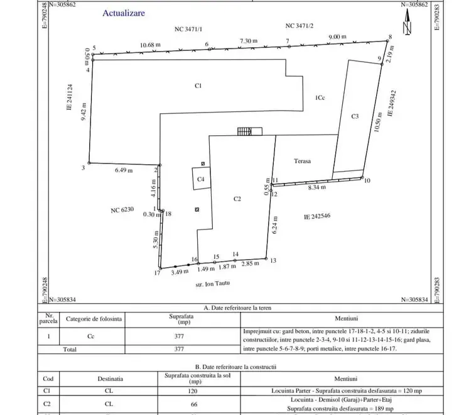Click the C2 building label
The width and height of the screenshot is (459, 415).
[x=237, y=199]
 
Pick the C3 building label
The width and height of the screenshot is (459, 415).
[x=355, y=116]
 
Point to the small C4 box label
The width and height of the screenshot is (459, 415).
[x=201, y=179]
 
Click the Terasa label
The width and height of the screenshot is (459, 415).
[x=303, y=161]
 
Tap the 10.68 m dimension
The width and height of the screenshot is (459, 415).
[x=150, y=45]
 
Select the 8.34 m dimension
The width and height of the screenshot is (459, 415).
[x=317, y=187]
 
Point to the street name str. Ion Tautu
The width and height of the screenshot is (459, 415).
[x=213, y=284]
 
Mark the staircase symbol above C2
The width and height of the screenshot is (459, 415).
[x=249, y=131]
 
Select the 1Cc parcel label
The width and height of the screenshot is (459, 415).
[x=320, y=97]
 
